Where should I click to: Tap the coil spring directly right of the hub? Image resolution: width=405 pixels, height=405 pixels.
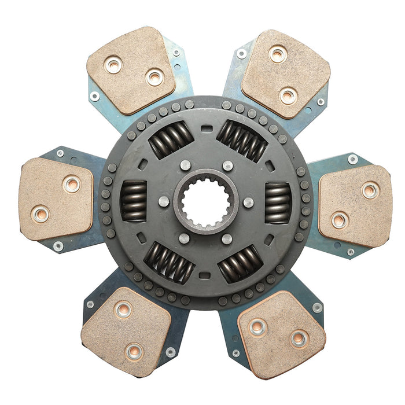278,203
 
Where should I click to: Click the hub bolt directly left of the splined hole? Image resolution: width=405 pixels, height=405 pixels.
164,201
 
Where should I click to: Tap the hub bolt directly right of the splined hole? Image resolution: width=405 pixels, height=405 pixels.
248,203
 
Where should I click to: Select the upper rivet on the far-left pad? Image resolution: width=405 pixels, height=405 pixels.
72,184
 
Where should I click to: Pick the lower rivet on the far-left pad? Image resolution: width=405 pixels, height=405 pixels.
41,214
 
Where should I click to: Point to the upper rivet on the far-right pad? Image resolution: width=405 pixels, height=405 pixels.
370,190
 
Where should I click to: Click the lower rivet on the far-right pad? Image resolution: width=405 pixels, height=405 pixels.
340,219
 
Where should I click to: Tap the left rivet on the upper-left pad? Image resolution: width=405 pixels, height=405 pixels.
113,65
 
